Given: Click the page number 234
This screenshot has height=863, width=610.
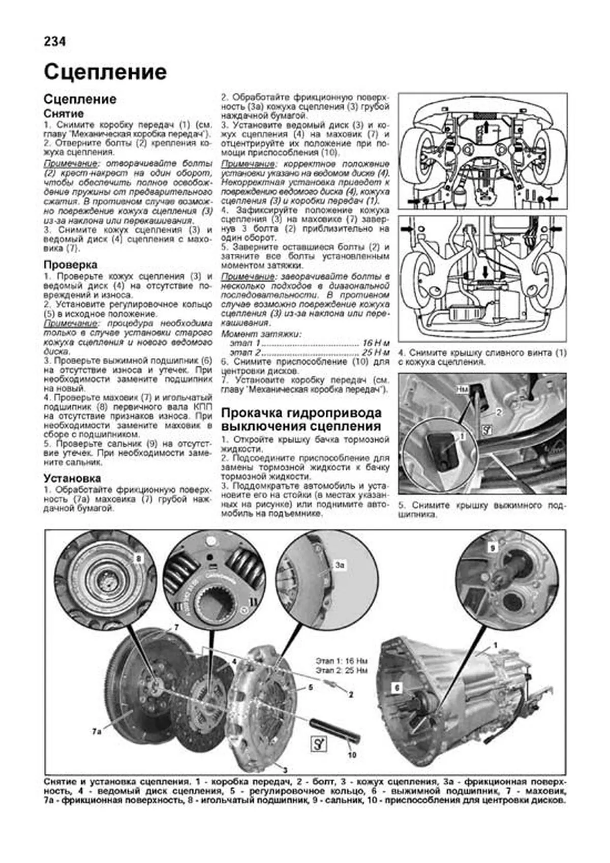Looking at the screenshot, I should [55, 42].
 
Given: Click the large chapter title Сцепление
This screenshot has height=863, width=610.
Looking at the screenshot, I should [105, 72].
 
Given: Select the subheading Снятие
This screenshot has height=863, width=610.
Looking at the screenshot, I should [64, 113].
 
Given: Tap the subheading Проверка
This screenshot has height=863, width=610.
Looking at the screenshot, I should [70, 265].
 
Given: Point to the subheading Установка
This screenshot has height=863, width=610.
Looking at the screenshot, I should [72, 479].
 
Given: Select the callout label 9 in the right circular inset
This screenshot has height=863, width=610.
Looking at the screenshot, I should [492, 548].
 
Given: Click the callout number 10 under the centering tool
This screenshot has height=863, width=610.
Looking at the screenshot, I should [352, 755].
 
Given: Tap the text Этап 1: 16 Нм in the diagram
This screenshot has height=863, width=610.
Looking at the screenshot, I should [341, 661].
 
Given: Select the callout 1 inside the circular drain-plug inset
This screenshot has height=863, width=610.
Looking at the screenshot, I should [462, 436].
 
